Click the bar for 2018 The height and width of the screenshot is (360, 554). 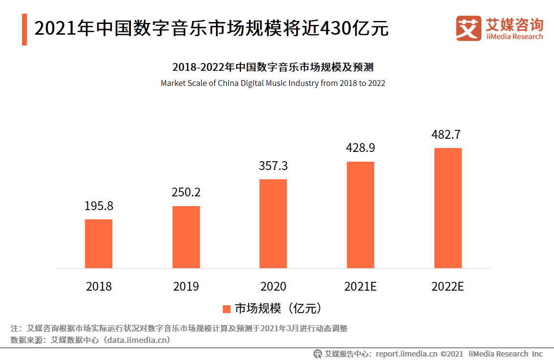(x=99, y=243)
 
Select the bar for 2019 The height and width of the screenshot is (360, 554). (x=186, y=237)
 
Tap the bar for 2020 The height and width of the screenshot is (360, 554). (x=273, y=223)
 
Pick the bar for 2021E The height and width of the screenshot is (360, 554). (x=361, y=214)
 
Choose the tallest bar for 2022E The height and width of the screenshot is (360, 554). (x=448, y=208)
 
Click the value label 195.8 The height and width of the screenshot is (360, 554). (x=99, y=206)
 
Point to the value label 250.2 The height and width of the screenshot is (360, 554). (x=186, y=192)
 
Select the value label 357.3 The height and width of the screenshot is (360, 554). (x=273, y=166)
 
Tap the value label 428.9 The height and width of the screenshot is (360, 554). (x=361, y=148)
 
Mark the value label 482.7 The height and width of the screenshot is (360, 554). (x=446, y=135)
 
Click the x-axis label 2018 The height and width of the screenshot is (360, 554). (x=99, y=286)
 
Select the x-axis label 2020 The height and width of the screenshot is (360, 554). (x=273, y=286)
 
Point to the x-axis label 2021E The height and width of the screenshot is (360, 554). (x=361, y=286)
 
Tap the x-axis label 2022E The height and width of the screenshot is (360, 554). (x=447, y=286)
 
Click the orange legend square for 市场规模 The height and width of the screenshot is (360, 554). (x=227, y=309)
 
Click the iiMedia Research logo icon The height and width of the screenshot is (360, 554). (x=469, y=28)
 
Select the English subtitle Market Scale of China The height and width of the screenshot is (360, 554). (x=273, y=83)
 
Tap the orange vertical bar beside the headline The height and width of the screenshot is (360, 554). (x=24, y=29)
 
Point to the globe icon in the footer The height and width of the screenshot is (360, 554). (x=318, y=354)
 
